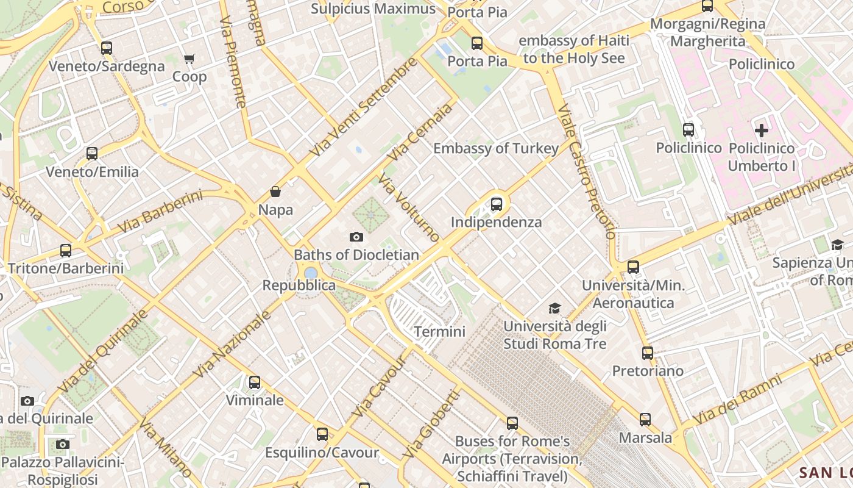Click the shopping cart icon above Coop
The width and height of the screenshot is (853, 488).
[x=189, y=59]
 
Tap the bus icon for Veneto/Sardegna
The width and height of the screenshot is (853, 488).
[x=107, y=48]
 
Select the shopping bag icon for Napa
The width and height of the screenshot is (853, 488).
[x=275, y=192]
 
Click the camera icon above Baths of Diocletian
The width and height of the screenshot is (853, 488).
[x=356, y=237]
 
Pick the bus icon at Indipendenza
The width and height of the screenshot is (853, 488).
[x=497, y=204]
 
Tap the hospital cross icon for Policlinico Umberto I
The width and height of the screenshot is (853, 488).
[x=762, y=130]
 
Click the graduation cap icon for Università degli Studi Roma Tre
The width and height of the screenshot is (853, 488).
[x=554, y=308]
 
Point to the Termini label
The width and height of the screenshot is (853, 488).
[x=439, y=332]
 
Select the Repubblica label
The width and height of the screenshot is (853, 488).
[x=299, y=285]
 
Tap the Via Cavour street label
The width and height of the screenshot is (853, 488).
[x=380, y=387]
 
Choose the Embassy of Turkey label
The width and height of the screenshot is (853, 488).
[x=495, y=149]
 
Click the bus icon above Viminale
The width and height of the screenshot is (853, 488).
[x=255, y=382]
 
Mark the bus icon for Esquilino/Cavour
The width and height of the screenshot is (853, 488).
[x=322, y=434]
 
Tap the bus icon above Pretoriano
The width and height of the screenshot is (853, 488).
[x=648, y=353]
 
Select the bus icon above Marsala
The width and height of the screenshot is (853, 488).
[x=645, y=420]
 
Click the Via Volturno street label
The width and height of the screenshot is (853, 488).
[x=409, y=207]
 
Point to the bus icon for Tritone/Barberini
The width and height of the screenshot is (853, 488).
[x=66, y=251]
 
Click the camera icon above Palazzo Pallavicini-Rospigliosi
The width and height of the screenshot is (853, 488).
[x=63, y=444]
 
